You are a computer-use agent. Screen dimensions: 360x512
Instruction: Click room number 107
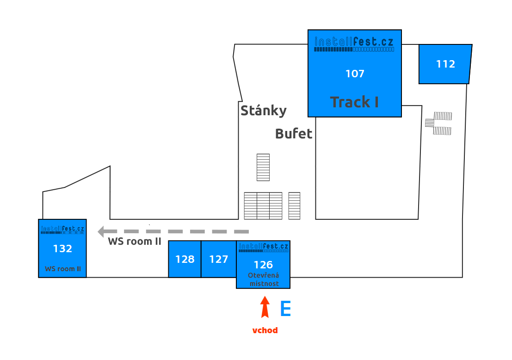click(355, 74)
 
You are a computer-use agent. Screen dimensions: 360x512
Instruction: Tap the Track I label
click(354, 102)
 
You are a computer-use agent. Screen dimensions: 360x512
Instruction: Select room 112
click(445, 64)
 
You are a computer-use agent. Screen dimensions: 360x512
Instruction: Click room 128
click(185, 259)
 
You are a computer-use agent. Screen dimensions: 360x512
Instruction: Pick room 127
click(219, 259)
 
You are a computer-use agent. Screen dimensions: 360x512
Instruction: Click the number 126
click(263, 265)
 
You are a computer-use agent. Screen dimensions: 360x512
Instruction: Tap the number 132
click(62, 248)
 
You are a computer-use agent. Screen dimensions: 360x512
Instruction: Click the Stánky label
click(264, 111)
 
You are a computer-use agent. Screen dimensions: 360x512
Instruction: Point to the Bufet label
click(294, 134)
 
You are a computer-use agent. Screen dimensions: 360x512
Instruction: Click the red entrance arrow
click(265, 307)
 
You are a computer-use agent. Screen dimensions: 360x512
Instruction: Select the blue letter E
click(286, 309)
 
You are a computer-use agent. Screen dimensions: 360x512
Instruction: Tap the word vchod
click(265, 330)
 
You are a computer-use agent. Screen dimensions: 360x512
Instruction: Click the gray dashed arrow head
click(102, 231)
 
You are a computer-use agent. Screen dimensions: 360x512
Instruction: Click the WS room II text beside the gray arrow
click(135, 241)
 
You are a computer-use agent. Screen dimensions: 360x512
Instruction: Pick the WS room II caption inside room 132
click(62, 269)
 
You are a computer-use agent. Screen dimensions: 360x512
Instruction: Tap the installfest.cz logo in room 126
click(263, 248)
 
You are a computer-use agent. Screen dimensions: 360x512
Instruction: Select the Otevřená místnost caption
click(264, 279)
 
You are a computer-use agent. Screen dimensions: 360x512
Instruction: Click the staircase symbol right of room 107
click(439, 123)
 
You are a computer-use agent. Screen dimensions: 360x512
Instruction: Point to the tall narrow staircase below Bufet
click(263, 167)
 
